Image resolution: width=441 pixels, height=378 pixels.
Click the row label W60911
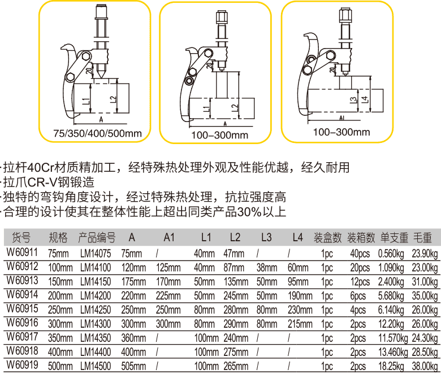point(21,253)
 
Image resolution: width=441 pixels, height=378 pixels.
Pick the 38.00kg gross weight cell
point(426,366)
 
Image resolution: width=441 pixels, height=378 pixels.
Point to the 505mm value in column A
point(132,366)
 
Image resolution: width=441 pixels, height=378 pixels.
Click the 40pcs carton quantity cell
point(360,253)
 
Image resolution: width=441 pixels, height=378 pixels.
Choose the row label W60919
point(21,366)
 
